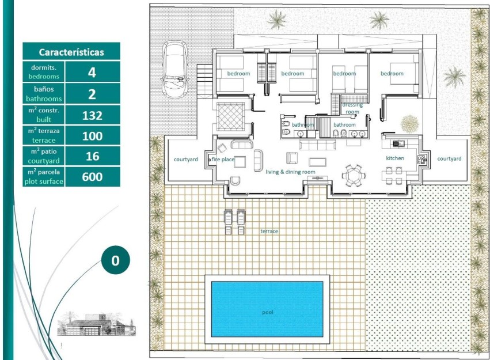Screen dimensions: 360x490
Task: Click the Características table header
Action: [71, 52]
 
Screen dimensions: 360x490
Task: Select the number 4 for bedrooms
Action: [92, 73]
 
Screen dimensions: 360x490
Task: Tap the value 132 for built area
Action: [92, 115]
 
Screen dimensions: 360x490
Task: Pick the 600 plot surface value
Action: [92, 177]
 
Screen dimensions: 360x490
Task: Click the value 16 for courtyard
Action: [92, 156]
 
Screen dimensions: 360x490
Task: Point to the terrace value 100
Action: [92, 136]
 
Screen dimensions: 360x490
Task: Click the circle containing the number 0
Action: [115, 260]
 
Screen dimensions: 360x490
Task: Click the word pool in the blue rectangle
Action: [267, 312]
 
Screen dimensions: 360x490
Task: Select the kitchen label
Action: [395, 158]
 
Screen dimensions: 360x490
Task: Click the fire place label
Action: [222, 159]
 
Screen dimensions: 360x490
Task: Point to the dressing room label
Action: [352, 108]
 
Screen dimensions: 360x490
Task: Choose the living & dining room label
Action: [290, 172]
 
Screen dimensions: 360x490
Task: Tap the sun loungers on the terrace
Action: [234, 221]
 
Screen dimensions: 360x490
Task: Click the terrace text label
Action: [269, 231]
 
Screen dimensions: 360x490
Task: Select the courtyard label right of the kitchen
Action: [449, 158]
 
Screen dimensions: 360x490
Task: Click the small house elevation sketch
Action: [100, 324]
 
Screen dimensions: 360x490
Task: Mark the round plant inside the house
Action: [409, 123]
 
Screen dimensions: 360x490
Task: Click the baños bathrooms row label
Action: [44, 94]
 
